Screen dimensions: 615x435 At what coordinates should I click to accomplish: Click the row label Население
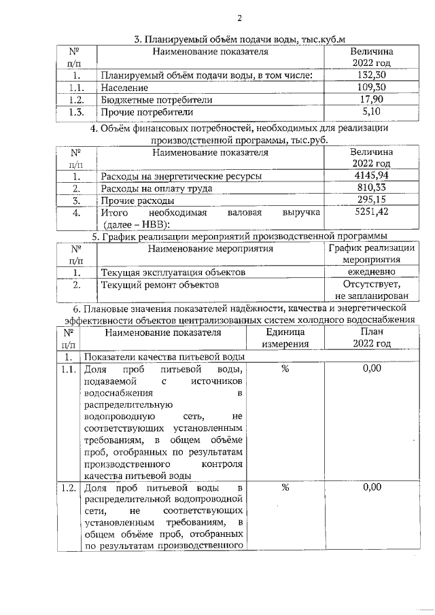[124, 88]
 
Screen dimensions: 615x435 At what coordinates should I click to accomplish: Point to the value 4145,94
[371, 176]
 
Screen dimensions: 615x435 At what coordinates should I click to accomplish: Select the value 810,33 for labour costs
[371, 188]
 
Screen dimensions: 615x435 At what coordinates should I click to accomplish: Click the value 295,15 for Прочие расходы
[371, 200]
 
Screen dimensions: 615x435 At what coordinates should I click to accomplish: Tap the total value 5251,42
[371, 213]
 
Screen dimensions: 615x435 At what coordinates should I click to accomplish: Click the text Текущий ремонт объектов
[155, 285]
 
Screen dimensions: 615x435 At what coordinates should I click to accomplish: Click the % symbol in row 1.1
[285, 369]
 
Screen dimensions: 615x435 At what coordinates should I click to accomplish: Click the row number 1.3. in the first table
[77, 112]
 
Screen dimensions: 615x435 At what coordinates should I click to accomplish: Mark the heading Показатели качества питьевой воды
[169, 357]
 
